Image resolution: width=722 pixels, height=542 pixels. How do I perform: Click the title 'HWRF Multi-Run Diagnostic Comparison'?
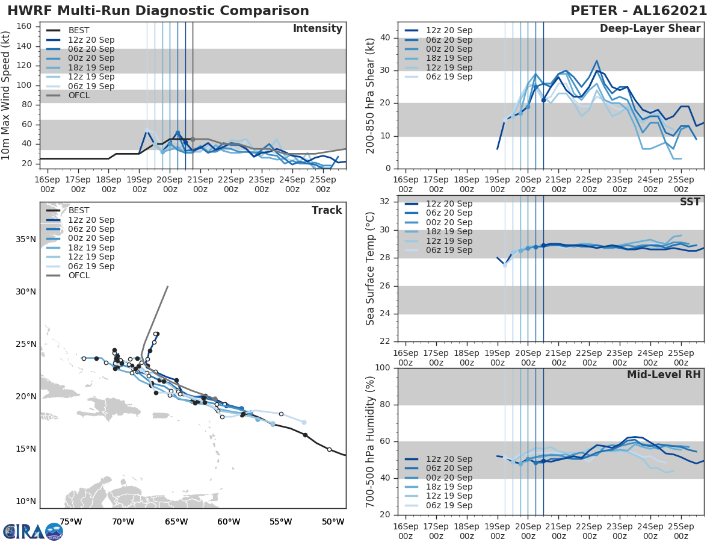click(x=158, y=11)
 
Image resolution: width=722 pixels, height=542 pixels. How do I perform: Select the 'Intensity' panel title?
click(x=318, y=29)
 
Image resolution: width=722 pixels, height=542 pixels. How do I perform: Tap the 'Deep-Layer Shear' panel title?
click(x=650, y=29)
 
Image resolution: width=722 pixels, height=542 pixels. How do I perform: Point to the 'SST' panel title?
click(x=690, y=202)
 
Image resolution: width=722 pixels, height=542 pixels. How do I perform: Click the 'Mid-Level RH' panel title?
click(x=664, y=375)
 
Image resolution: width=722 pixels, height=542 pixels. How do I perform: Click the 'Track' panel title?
click(x=327, y=210)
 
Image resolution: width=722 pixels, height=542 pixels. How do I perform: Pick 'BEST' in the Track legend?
click(x=79, y=210)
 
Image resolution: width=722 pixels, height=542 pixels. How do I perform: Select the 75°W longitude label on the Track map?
click(x=71, y=522)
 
